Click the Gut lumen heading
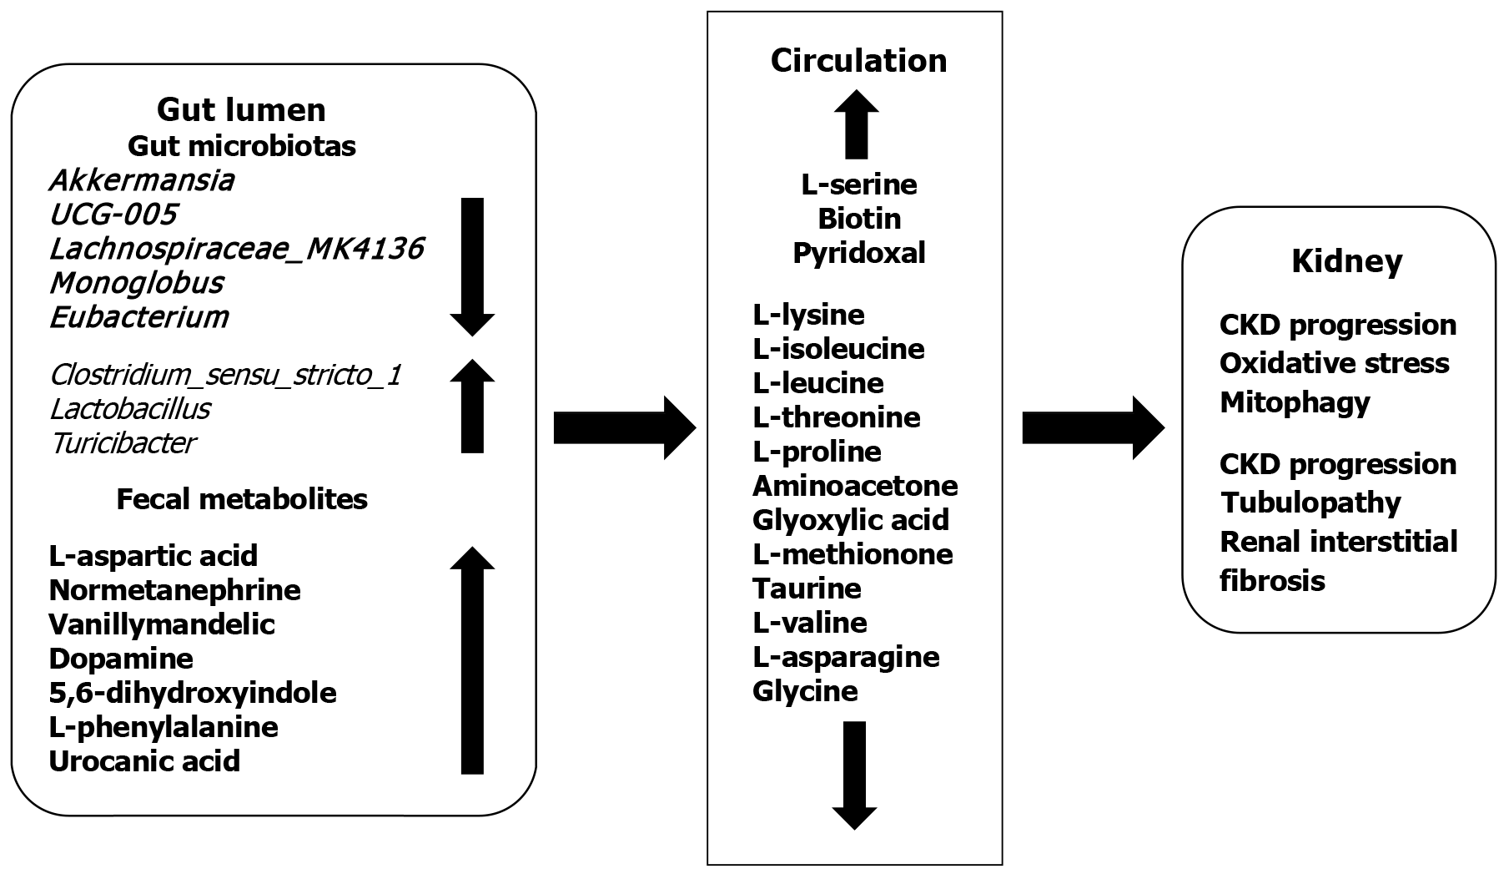click(241, 109)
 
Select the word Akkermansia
click(141, 180)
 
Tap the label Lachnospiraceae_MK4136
click(236, 249)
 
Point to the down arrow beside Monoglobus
click(472, 267)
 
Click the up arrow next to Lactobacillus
click(472, 407)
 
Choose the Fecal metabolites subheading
click(242, 499)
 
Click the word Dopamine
click(121, 659)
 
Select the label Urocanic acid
click(144, 761)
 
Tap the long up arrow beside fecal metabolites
click(472, 660)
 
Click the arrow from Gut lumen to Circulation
click(624, 428)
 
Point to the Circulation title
click(858, 61)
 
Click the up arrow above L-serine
click(856, 124)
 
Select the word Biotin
click(859, 219)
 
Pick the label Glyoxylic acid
click(850, 520)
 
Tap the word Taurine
click(807, 589)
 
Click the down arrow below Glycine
click(854, 775)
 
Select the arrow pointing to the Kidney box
click(1093, 428)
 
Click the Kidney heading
click(1346, 261)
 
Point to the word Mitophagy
click(1295, 402)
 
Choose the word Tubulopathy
click(1310, 503)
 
